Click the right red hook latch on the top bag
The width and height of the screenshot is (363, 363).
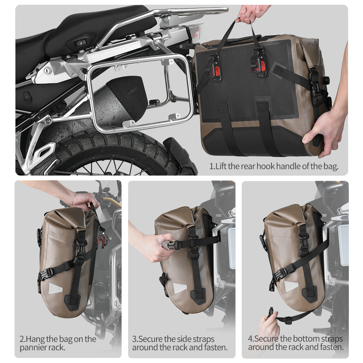click(258, 65)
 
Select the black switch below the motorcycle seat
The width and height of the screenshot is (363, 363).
click(81, 43)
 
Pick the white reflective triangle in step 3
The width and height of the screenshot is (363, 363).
click(179, 289)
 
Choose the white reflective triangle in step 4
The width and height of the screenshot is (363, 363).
click(291, 287)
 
